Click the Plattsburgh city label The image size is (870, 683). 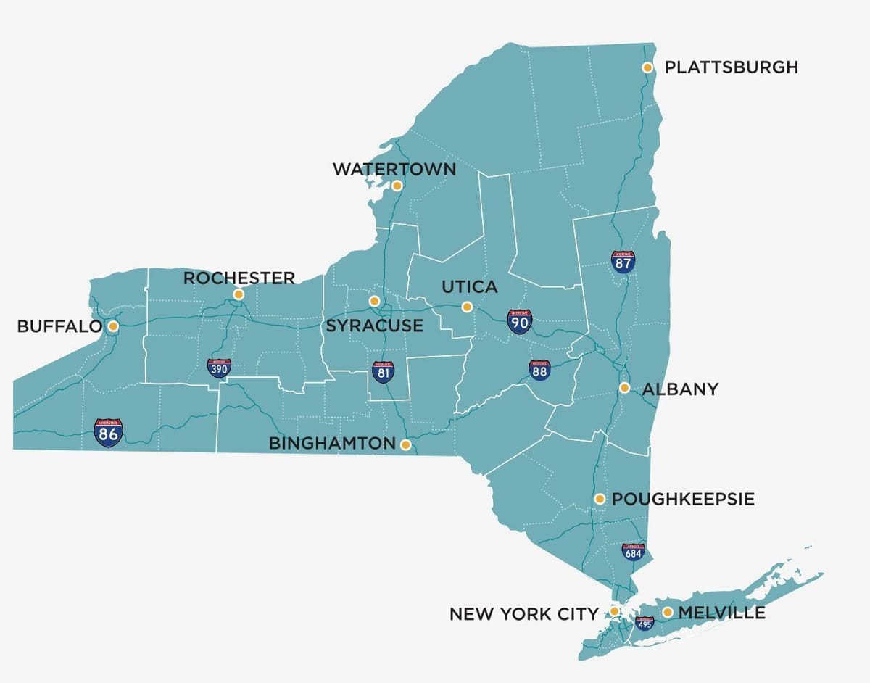coord(731,67)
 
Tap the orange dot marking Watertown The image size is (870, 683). coord(397,186)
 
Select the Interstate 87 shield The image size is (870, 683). coord(623,262)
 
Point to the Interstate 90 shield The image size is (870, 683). coord(519,321)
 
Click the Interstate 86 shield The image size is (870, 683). coord(108,432)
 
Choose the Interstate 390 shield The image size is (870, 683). coord(218,368)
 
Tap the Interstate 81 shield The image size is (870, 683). coord(384,372)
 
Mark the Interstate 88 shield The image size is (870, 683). coord(539,370)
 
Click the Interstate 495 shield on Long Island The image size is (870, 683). coord(644,623)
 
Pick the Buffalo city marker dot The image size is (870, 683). coord(113,326)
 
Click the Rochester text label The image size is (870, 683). coord(239,278)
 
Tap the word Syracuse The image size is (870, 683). coord(374,326)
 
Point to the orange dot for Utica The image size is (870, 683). coord(467,307)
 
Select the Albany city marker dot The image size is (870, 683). coord(624,388)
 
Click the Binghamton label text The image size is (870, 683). coord(332,444)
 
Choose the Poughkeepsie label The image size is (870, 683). coord(683,500)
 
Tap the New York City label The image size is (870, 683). coord(523,614)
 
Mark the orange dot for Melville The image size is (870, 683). coord(667,613)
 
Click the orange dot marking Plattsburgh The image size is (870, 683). coord(647,67)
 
